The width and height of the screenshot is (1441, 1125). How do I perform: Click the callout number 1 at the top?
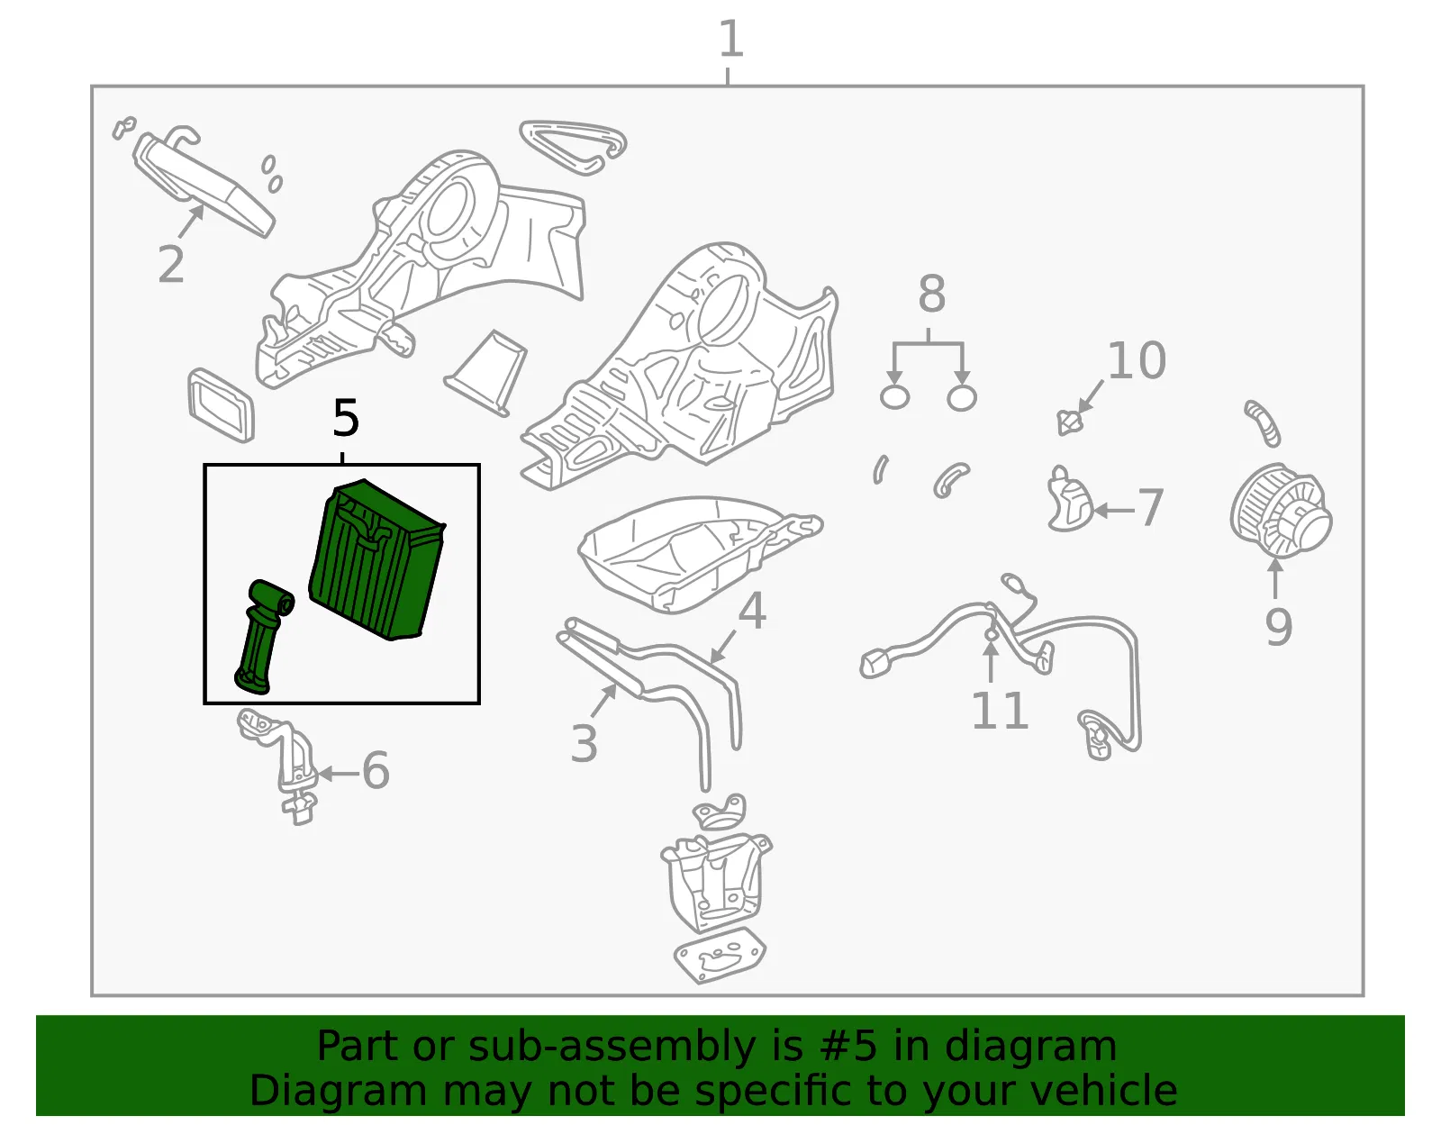(731, 39)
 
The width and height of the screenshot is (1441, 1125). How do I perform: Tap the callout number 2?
(171, 264)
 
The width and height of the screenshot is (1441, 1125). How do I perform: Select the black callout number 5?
(346, 418)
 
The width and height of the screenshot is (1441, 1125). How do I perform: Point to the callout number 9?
(1279, 627)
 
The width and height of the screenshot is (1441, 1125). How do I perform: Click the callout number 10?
(1137, 360)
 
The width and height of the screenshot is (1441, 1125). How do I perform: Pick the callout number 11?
(1000, 710)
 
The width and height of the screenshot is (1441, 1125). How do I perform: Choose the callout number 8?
(931, 293)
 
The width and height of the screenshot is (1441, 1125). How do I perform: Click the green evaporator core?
(376, 560)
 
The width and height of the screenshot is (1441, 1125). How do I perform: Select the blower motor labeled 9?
(1281, 511)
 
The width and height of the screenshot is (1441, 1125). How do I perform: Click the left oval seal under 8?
(894, 397)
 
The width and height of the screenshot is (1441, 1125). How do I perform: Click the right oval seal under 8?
(962, 398)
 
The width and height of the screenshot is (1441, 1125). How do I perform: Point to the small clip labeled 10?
(1068, 422)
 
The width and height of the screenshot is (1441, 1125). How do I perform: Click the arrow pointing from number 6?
(339, 773)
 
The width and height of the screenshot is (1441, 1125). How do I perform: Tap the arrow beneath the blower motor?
(1274, 578)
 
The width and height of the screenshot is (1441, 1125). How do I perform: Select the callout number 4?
(752, 611)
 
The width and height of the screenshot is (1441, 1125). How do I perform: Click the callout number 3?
(584, 743)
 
